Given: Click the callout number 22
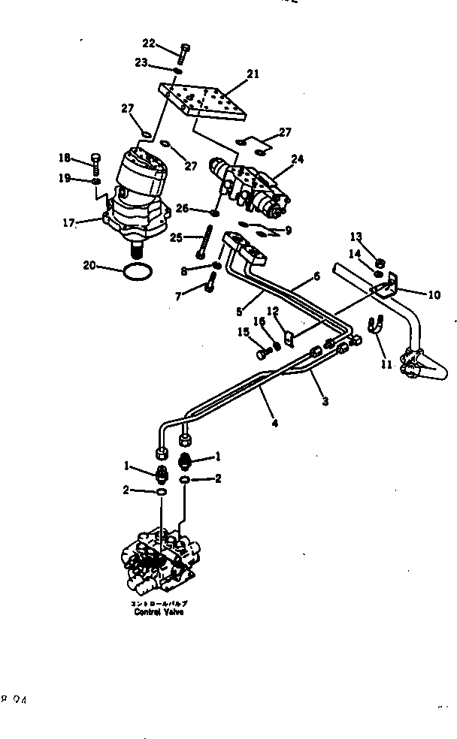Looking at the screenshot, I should click(148, 44).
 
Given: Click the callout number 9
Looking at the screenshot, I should click(287, 231).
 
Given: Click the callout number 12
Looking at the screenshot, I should click(274, 309).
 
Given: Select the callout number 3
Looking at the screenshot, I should click(325, 402).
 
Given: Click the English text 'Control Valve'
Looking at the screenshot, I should click(159, 611).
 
